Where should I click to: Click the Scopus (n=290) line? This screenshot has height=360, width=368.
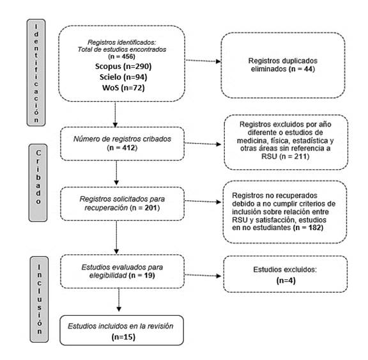(123, 67)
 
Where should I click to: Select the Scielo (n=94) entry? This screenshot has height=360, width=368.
(123, 77)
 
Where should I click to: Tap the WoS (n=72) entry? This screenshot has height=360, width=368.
(123, 88)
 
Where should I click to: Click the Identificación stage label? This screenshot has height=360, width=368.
(36, 73)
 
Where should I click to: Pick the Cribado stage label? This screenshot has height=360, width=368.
(38, 183)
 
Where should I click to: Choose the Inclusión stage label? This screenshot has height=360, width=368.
(39, 299)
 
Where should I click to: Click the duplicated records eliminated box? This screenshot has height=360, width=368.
(283, 65)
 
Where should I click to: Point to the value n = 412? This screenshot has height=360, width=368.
(122, 148)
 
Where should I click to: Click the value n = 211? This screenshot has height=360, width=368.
(295, 157)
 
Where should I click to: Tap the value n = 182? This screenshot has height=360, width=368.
(308, 228)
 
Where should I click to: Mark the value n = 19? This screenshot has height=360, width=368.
(142, 275)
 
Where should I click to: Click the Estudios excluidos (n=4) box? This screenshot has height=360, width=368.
(286, 274)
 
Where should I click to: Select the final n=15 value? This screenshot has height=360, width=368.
(123, 337)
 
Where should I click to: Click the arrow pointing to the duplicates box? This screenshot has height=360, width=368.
(203, 61)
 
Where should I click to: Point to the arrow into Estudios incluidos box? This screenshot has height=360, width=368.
(119, 300)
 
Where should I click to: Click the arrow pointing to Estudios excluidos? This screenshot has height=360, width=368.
(203, 275)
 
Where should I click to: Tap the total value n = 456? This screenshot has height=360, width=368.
(121, 57)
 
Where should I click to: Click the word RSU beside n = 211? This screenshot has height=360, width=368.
(269, 157)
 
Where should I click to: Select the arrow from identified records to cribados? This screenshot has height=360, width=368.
(115, 114)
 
